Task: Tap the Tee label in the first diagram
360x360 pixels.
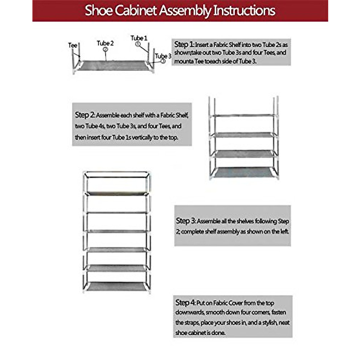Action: [73, 45]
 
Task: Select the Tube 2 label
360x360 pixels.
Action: [105, 43]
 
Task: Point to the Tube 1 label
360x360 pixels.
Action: [139, 38]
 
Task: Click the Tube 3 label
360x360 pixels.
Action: [163, 56]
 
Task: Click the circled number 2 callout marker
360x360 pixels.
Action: [105, 49]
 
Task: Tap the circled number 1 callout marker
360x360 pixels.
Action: [138, 44]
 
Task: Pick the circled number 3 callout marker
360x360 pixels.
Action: [163, 61]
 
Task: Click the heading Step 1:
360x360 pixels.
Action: [184, 44]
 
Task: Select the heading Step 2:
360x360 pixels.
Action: [85, 115]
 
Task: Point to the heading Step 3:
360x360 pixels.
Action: [186, 221]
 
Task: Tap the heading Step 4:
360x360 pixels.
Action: [185, 303]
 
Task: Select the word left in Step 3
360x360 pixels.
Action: [284, 232]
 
